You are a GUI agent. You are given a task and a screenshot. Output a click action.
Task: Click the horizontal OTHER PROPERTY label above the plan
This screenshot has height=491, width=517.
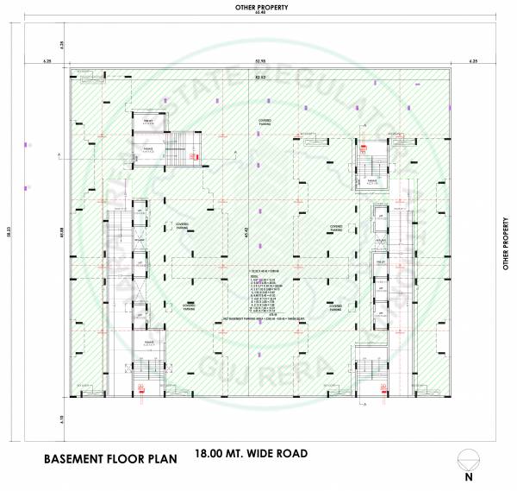click(261, 7)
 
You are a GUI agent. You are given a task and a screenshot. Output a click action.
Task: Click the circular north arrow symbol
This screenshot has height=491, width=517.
click(469, 457)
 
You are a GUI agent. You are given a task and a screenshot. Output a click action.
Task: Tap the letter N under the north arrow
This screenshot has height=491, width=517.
click(469, 476)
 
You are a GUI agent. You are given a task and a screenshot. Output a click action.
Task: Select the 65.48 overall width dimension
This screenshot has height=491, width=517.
click(261, 15)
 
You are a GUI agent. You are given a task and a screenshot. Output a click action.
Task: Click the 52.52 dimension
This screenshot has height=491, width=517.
click(259, 78)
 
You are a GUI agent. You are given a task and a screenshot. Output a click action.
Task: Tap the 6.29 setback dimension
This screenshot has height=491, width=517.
click(63, 44)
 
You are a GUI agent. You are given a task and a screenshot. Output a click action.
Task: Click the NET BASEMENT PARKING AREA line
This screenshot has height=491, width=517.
click(258, 318)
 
